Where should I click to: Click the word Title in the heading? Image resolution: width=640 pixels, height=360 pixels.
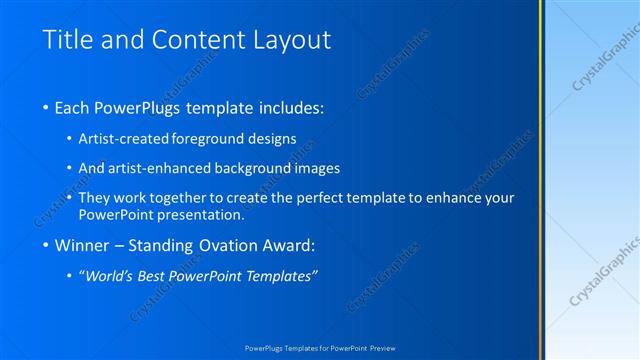[67, 40]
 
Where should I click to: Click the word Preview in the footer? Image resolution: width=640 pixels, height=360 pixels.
[381, 348]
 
